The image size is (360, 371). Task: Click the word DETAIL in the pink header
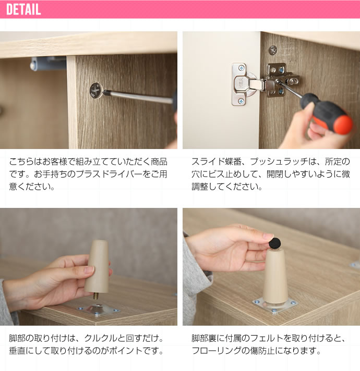coord(23,9)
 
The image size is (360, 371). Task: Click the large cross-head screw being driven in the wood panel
coord(97,90)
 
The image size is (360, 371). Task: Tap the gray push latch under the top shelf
coord(48,64)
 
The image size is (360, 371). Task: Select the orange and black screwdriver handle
coord(327,114)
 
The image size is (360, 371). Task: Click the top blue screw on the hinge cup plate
coord(242,68)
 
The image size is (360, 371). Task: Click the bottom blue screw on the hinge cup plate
coord(241,101)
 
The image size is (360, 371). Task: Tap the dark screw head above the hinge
coord(272,51)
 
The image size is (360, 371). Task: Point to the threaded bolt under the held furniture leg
coord(96,296)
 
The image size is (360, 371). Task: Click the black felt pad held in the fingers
coord(275,243)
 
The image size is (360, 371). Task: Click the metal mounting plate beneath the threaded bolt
coord(98,310)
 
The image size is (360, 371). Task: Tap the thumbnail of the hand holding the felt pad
coord(268,236)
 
